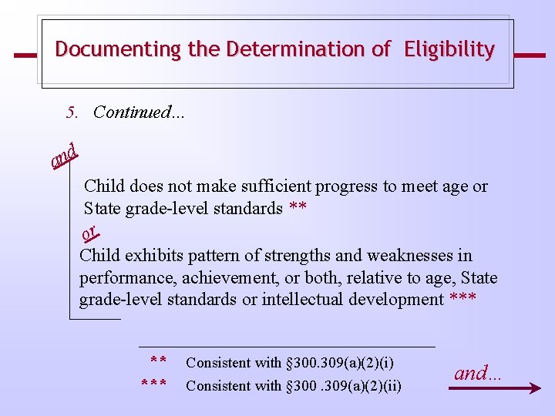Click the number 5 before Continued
[72, 112]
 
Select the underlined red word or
[89, 231]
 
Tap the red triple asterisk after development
[462, 300]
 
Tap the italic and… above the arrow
[477, 374]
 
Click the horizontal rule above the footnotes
[287, 347]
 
